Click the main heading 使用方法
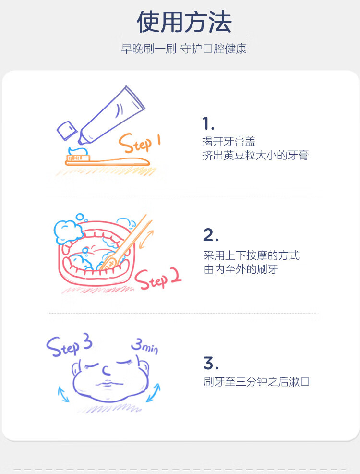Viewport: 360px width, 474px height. tap(184, 22)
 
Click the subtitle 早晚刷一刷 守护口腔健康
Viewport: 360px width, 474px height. tap(184, 49)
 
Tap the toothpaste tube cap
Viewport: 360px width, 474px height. tap(67, 130)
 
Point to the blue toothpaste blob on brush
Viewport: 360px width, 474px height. tap(78, 151)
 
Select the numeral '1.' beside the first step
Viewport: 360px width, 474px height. tap(208, 123)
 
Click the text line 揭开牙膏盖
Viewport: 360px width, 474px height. tap(229, 141)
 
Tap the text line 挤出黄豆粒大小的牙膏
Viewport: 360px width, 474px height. tap(255, 155)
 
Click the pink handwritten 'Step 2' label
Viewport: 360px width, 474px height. tap(158, 279)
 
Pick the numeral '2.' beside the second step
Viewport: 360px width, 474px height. tap(211, 235)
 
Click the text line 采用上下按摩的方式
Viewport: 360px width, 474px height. tap(251, 255)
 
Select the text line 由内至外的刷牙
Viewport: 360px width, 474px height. tap(241, 269)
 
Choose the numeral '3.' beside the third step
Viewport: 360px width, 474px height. tap(211, 363)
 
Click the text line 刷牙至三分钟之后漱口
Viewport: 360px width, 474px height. tap(256, 381)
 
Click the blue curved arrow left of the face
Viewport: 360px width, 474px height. tap(63, 394)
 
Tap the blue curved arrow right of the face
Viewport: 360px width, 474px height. tap(153, 393)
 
